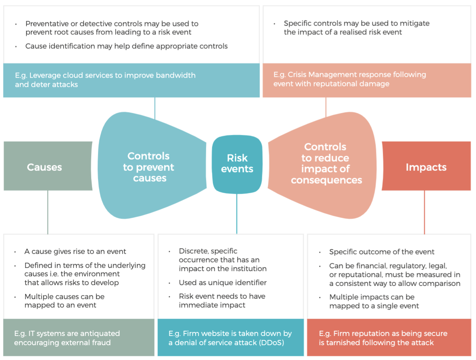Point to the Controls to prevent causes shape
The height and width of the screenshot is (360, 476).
pos(148,167)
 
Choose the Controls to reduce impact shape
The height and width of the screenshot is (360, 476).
pos(326,164)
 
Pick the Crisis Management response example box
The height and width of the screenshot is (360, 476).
pos(366,80)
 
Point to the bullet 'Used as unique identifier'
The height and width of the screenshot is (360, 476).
pos(222,282)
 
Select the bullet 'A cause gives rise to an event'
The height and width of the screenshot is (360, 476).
pos(75,252)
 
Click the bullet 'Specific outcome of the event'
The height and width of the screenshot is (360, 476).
pos(382,252)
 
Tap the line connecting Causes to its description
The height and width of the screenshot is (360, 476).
pos(48,212)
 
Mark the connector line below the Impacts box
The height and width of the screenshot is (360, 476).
pos(424,212)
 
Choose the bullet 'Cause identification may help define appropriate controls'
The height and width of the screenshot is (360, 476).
pos(126,46)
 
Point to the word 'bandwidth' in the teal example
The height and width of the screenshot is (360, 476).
pos(176,75)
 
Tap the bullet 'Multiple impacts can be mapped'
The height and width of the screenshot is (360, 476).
pos(374,302)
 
